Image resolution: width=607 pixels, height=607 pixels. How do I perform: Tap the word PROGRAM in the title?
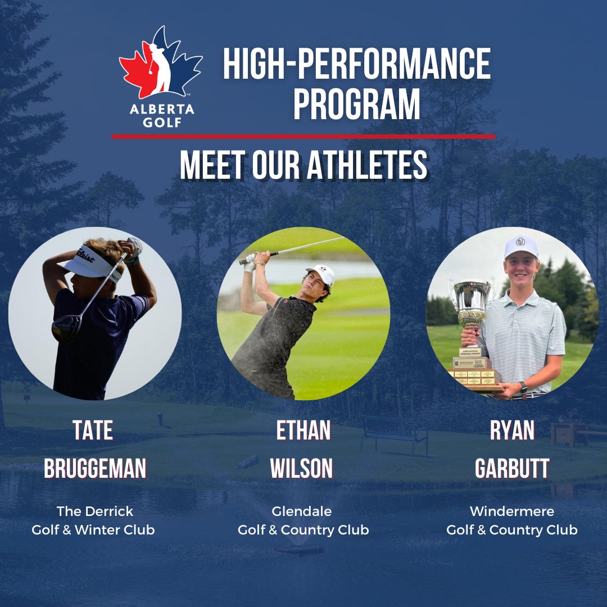click(x=357, y=104)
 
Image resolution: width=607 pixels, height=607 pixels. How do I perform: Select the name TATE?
click(x=93, y=431)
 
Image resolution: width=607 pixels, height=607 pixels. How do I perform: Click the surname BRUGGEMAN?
click(x=95, y=468)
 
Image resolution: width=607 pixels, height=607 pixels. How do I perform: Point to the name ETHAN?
click(x=303, y=431)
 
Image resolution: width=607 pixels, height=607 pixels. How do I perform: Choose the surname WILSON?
click(x=303, y=468)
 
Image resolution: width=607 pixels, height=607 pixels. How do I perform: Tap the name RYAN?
click(x=511, y=431)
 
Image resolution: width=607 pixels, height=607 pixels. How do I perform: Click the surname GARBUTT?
click(x=511, y=468)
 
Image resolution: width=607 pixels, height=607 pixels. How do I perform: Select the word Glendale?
click(x=302, y=511)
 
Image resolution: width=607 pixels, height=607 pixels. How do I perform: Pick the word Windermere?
click(x=511, y=511)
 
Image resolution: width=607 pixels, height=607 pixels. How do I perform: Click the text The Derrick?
click(x=94, y=511)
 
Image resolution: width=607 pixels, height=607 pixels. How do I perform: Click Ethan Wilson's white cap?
click(x=323, y=274)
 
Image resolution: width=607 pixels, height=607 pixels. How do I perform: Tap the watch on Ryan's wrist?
click(x=523, y=387)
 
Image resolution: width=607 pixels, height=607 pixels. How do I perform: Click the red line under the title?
click(x=303, y=136)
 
